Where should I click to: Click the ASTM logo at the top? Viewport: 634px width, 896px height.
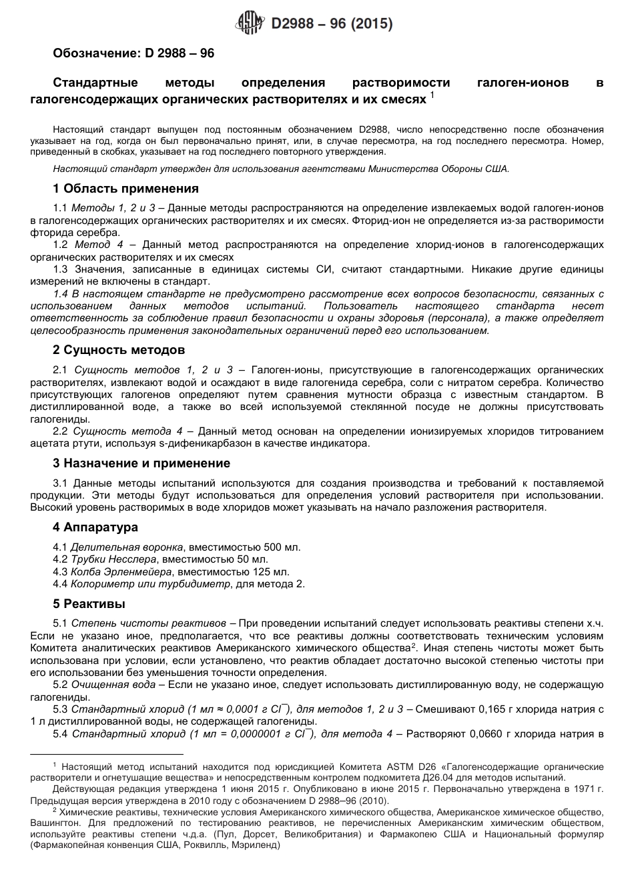coord(252,25)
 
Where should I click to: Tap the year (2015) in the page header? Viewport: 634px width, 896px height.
coord(371,25)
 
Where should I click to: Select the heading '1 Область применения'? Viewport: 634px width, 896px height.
coord(125,189)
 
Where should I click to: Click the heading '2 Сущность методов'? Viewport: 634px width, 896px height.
coord(119,350)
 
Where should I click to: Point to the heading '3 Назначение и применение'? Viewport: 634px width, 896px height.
coord(141,463)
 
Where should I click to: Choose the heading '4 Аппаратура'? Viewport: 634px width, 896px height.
coord(95,527)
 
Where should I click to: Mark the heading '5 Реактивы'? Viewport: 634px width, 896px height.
coord(89,604)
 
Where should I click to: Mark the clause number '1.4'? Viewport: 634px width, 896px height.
coord(61,294)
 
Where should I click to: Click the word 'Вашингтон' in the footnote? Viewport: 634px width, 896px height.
coord(55,823)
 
